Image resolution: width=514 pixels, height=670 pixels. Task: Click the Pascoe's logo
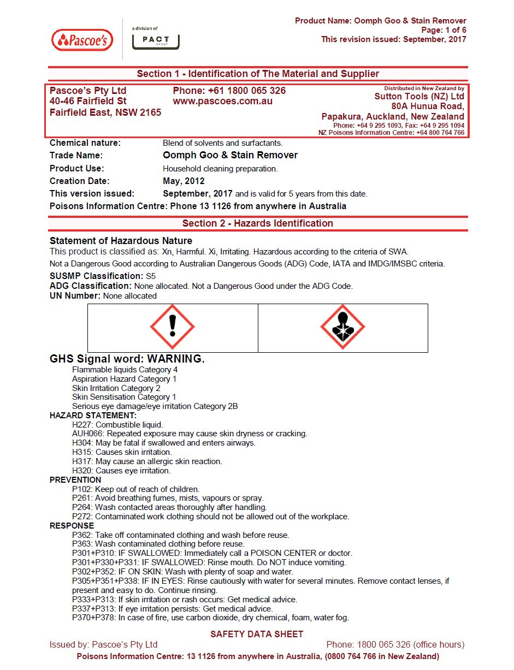tap(82, 40)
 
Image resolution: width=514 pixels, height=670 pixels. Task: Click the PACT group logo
tap(156, 40)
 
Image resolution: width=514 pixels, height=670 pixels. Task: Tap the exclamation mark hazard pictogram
tap(173, 327)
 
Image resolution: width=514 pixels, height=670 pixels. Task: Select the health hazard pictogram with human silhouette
tap(342, 327)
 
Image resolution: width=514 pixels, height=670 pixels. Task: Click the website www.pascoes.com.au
tap(222, 102)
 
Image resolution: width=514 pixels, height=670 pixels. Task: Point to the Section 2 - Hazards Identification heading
tap(257, 223)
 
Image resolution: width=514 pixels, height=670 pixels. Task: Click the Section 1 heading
tap(257, 74)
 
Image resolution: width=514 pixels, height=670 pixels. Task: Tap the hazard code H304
tap(82, 443)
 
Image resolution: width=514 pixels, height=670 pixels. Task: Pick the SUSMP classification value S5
tap(151, 276)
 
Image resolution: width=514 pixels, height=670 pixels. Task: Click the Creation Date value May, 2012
tap(184, 181)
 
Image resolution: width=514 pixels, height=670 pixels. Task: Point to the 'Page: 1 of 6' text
tap(444, 30)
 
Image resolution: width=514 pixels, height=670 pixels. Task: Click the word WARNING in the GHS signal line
tap(175, 359)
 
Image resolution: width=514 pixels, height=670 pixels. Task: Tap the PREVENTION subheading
tap(75, 480)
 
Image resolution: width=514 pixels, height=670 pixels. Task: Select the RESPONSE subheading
tap(72, 526)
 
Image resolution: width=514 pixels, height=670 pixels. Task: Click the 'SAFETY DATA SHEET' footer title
tap(257, 634)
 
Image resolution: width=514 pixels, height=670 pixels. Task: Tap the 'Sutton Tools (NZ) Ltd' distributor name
tap(419, 97)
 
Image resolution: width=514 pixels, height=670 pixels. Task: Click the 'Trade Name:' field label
tap(76, 156)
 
